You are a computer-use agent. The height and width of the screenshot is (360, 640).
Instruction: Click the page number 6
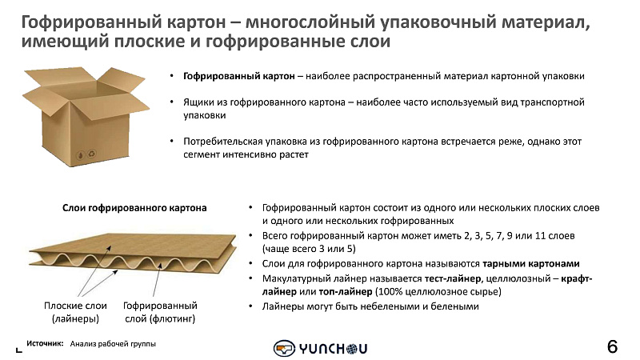612,347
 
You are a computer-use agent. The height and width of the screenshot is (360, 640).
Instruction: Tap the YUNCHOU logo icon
284,349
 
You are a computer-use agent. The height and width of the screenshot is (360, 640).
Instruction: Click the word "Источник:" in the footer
45,344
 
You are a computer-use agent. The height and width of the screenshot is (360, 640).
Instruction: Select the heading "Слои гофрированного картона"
134,208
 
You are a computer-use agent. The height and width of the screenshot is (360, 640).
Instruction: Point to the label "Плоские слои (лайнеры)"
75,312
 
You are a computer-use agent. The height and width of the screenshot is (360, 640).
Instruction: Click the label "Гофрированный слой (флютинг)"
160,312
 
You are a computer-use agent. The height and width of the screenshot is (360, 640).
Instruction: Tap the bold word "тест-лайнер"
453,278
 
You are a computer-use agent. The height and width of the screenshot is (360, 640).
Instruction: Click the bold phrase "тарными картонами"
531,264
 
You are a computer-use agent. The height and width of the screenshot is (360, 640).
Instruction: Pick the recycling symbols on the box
86,154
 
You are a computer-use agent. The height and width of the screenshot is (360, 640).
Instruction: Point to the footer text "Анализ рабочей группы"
113,344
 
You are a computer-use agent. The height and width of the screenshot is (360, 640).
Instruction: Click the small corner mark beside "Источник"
18,350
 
